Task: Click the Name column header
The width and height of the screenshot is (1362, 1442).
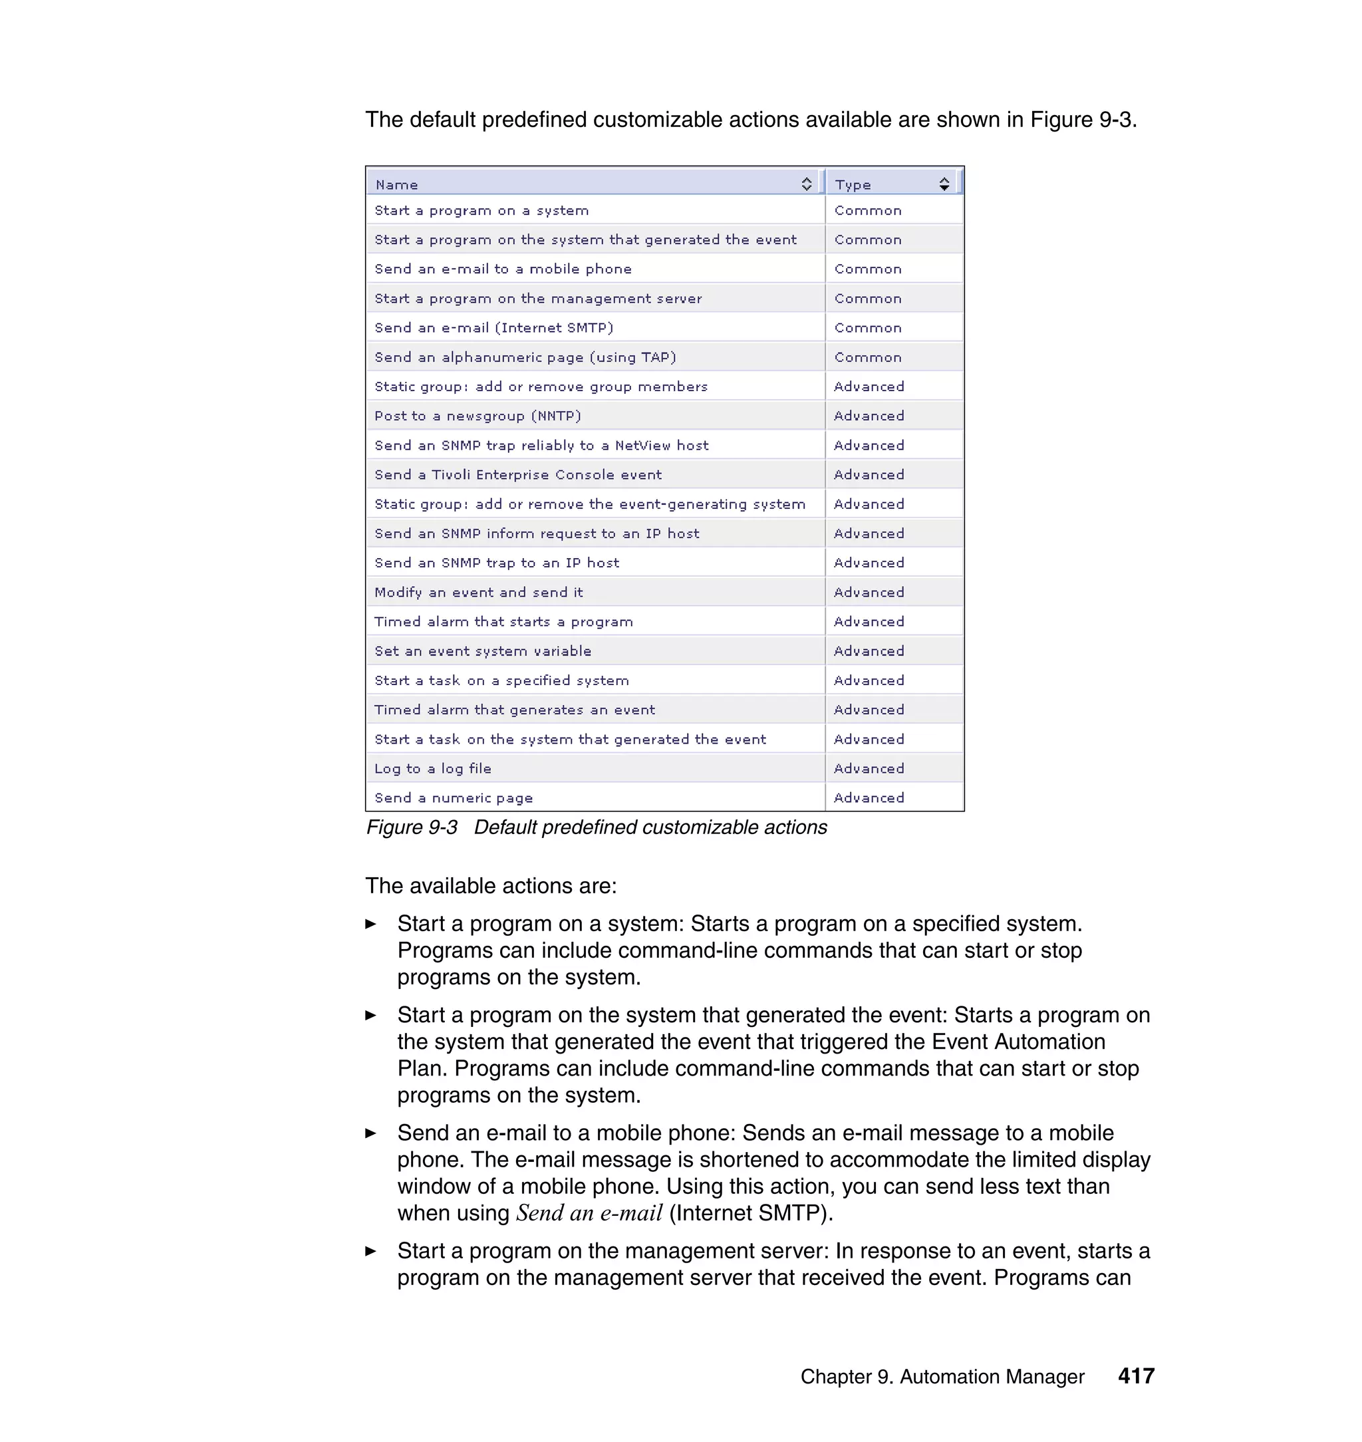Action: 396,184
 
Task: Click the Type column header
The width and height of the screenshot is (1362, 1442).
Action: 853,184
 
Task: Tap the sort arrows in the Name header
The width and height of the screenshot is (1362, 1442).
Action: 806,184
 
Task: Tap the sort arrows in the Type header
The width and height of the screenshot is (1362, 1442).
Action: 943,184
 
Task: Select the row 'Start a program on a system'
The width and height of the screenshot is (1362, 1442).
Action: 481,211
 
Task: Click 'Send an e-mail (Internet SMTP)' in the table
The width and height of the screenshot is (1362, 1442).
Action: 493,328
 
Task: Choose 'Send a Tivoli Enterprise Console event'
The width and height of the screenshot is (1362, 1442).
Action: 517,475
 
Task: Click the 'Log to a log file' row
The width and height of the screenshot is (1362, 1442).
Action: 433,769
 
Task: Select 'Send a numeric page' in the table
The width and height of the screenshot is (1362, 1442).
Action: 454,798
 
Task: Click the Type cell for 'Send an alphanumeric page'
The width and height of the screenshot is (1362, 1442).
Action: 868,357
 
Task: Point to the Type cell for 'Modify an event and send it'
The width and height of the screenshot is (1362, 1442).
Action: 869,593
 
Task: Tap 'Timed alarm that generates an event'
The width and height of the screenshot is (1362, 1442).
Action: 515,710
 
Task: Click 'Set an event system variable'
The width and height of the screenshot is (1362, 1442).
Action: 483,651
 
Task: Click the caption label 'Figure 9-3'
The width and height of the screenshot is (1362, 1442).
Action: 412,827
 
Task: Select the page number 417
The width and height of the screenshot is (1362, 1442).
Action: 1135,1376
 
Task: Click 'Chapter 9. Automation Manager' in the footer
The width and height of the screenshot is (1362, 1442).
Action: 942,1377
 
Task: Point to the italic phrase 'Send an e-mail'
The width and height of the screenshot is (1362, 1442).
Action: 589,1213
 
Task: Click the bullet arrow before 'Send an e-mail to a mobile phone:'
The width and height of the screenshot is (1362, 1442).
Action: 371,1133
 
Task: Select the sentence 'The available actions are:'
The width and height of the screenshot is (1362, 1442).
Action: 491,886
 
